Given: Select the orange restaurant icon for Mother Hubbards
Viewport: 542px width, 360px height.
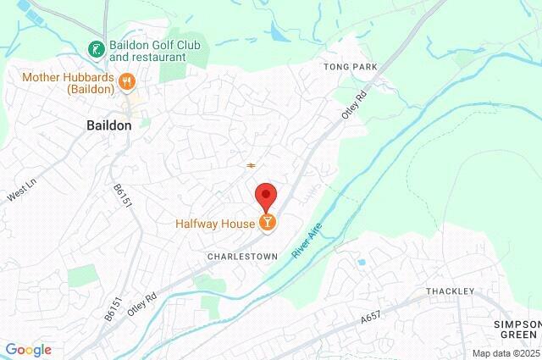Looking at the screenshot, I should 126,81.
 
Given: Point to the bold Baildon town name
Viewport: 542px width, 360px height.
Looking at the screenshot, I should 109,125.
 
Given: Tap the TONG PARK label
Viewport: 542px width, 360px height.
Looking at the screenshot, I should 348,65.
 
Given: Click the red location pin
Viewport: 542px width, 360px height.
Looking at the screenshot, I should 267,196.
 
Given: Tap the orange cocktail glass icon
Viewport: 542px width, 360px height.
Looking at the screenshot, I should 268,223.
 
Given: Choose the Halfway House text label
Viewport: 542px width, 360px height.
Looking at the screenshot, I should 215,224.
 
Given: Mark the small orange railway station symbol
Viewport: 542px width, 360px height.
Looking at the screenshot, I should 251,165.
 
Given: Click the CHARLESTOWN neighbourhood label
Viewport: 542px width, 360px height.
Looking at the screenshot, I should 242,254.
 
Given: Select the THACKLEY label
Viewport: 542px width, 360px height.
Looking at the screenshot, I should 451,291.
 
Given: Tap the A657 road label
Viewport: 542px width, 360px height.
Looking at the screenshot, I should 370,318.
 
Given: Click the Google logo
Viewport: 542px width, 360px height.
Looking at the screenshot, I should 28,350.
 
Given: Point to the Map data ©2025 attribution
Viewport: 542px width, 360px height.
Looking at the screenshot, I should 506,353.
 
